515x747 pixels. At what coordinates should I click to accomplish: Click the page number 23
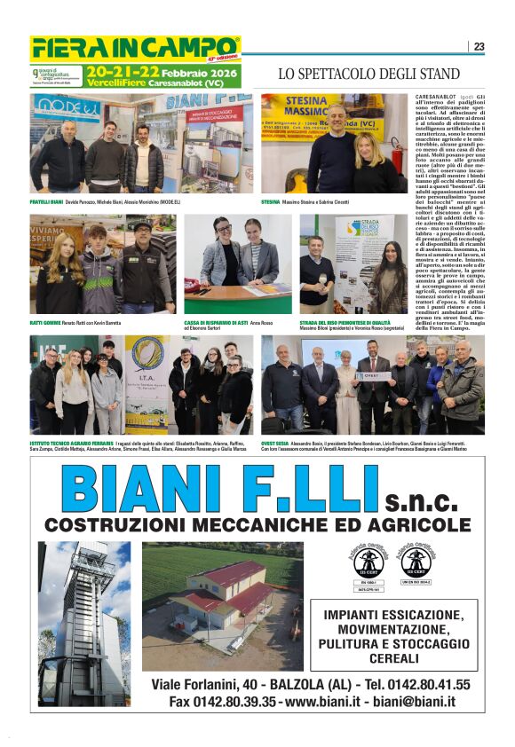pos(479,47)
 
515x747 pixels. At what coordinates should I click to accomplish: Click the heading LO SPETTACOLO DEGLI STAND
pos(368,74)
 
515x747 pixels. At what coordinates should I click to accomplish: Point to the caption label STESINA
pos(271,202)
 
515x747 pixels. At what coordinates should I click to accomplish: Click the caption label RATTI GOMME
pos(46,322)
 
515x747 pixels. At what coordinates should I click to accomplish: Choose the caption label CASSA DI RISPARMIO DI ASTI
pos(215,322)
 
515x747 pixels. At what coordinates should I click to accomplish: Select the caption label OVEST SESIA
pos(276,442)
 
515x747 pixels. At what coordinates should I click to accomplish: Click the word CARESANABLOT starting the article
pos(436,95)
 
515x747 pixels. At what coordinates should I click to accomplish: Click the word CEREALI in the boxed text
pos(394,658)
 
